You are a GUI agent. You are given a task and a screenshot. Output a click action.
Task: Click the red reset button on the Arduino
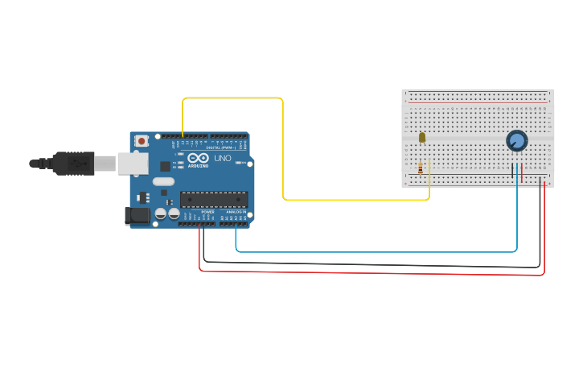[142, 141]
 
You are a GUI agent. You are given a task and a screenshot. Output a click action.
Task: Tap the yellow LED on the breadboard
[422, 138]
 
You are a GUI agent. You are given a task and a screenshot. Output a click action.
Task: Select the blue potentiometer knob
[516, 141]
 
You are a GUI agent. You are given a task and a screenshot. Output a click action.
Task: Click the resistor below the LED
[421, 168]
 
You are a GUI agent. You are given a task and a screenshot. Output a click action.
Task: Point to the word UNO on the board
[222, 158]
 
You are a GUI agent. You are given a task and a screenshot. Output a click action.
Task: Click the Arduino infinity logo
[199, 158]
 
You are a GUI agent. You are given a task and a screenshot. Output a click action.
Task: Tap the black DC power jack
[138, 214]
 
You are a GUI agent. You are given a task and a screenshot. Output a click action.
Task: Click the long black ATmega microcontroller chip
[213, 199]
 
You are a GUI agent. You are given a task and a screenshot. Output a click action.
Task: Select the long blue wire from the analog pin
[378, 251]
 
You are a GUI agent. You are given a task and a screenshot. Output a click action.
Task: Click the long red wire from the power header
[370, 274]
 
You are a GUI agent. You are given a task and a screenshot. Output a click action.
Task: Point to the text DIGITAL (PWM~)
[220, 147]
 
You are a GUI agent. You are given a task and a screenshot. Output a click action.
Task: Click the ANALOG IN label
[236, 212]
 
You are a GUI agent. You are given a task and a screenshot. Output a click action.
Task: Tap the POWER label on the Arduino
[207, 212]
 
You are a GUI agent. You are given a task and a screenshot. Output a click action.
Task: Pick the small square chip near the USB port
[165, 166]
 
